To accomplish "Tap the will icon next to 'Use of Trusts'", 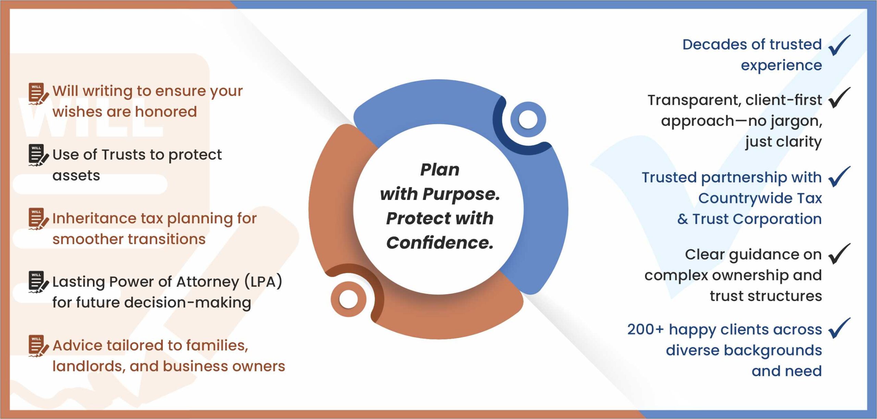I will click(38, 155).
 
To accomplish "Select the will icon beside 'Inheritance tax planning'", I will click(38, 219).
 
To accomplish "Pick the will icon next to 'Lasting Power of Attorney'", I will click(38, 282).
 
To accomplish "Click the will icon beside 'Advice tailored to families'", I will click(38, 346).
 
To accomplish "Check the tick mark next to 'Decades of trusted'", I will click(839, 45).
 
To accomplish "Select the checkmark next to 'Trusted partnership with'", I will click(839, 177).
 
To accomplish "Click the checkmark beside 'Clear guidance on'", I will click(839, 254).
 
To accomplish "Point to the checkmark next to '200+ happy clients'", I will click(839, 328).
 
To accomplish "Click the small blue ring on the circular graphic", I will click(528, 119).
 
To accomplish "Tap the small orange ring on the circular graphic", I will click(348, 299).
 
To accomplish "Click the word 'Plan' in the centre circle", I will click(440, 170).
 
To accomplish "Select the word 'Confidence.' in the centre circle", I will click(440, 243).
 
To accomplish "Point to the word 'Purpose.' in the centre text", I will click(461, 194).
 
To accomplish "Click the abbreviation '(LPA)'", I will click(263, 282).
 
